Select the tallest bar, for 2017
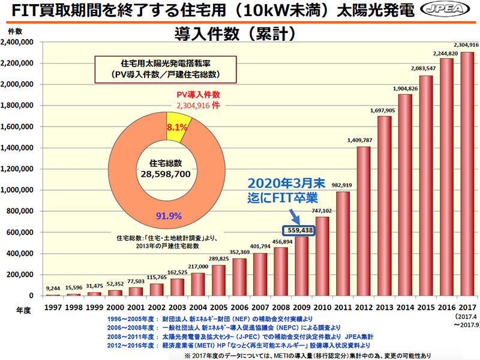467,174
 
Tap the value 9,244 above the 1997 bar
52,289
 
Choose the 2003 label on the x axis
176,307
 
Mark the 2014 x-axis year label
405,307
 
